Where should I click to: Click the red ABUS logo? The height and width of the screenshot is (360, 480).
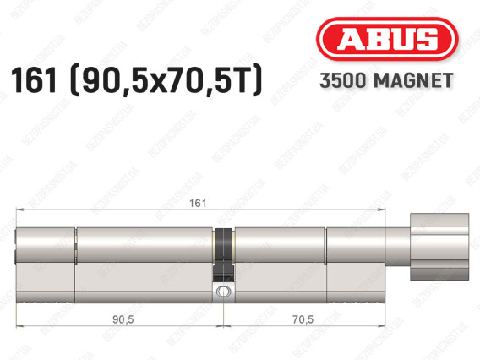point(387,39)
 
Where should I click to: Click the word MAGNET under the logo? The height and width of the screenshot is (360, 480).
point(413,80)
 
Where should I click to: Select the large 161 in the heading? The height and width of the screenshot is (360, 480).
point(34,80)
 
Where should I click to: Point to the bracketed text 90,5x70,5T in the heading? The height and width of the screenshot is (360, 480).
point(166,80)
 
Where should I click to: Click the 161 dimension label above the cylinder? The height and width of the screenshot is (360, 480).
point(198,203)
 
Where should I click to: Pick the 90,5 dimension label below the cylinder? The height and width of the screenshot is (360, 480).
point(123,319)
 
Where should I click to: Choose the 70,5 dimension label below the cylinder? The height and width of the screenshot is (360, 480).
point(303,319)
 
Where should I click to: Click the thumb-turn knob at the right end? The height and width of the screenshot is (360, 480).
point(439,247)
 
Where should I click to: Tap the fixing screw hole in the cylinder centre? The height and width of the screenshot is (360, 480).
point(223,292)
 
